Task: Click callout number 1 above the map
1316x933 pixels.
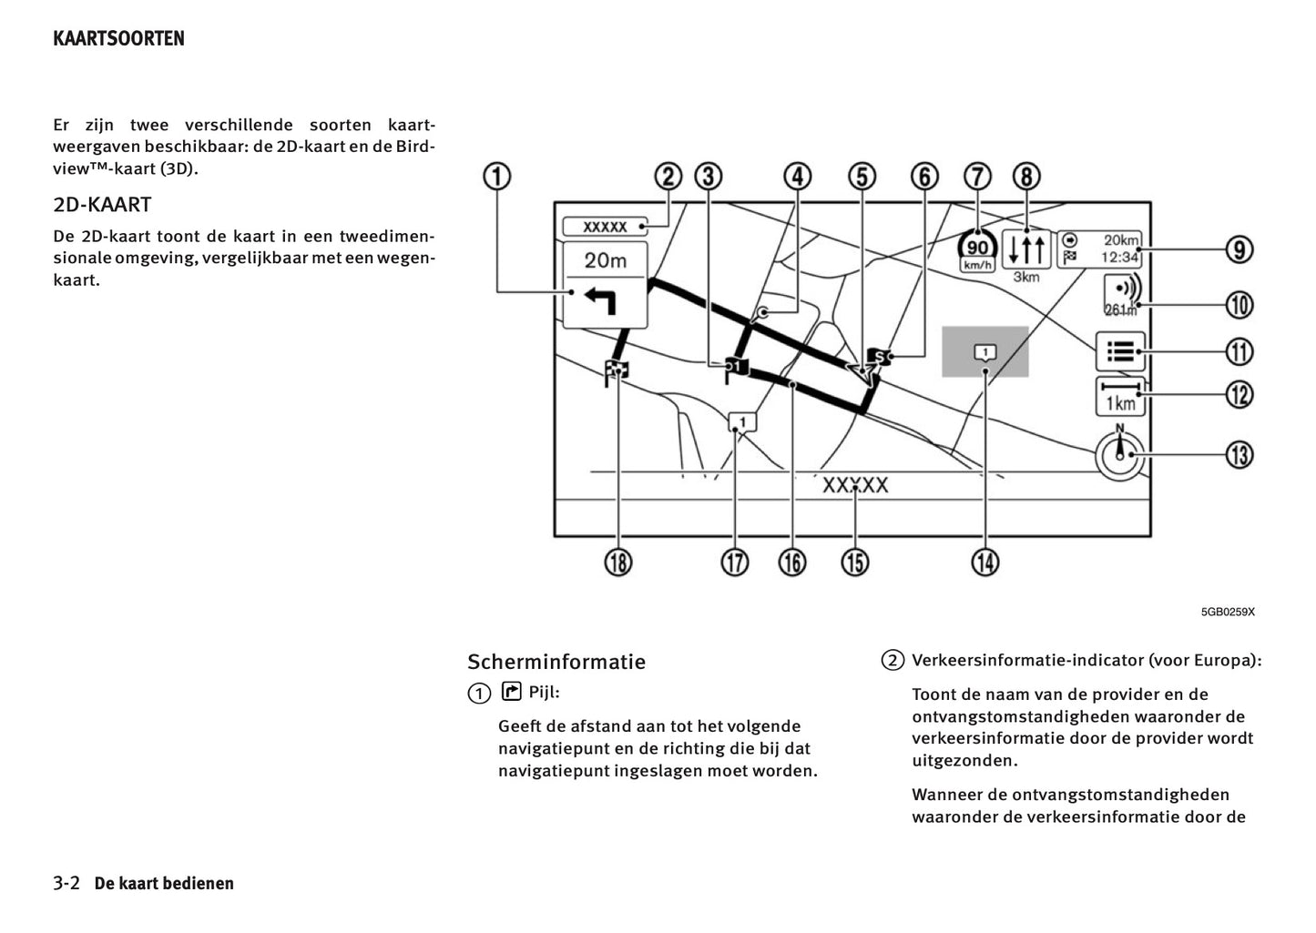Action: click(496, 176)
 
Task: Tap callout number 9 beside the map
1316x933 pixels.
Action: click(1239, 248)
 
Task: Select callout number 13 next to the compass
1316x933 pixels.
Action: click(1239, 453)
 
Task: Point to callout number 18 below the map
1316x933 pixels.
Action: click(617, 563)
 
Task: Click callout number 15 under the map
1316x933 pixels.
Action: click(854, 563)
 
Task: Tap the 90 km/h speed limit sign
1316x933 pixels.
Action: click(976, 249)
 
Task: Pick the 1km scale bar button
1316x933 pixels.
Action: click(1120, 396)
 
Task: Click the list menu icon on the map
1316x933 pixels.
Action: click(1120, 351)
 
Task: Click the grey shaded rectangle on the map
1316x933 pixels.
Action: click(984, 351)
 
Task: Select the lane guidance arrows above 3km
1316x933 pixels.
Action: click(1026, 248)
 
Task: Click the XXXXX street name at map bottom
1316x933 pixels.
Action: click(854, 485)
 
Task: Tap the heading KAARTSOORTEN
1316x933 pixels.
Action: click(118, 38)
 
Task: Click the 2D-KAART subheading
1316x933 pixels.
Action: click(102, 204)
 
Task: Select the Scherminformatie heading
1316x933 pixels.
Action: click(556, 662)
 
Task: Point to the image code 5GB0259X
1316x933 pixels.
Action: click(1227, 612)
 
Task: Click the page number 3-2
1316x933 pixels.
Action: click(66, 883)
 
